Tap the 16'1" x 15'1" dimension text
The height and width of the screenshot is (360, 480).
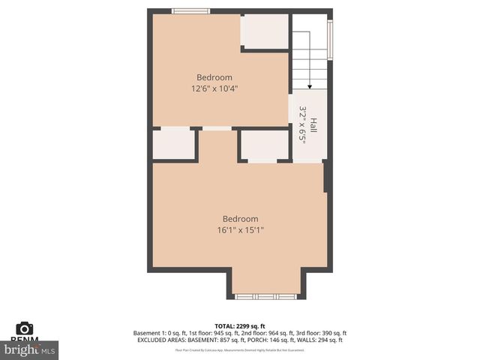tap(235, 230)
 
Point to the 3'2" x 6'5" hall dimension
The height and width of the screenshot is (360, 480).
tap(303, 124)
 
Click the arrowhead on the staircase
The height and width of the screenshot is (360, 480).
tap(309, 86)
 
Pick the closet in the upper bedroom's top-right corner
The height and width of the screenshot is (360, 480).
tap(265, 31)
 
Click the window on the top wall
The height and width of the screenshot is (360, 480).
tap(190, 10)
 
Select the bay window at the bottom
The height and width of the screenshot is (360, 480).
tap(265, 297)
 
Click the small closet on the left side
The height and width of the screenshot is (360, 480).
tap(174, 144)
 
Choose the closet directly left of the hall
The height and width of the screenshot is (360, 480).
tap(264, 145)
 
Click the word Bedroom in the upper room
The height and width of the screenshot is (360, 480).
tap(214, 77)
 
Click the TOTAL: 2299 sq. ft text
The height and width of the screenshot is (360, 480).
tap(240, 326)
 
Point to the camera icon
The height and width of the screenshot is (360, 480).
tap(25, 328)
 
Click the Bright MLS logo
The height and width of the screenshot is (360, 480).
tap(30, 349)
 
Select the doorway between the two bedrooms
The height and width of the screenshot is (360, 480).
tap(217, 129)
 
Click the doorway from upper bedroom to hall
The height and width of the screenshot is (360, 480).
tap(291, 109)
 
